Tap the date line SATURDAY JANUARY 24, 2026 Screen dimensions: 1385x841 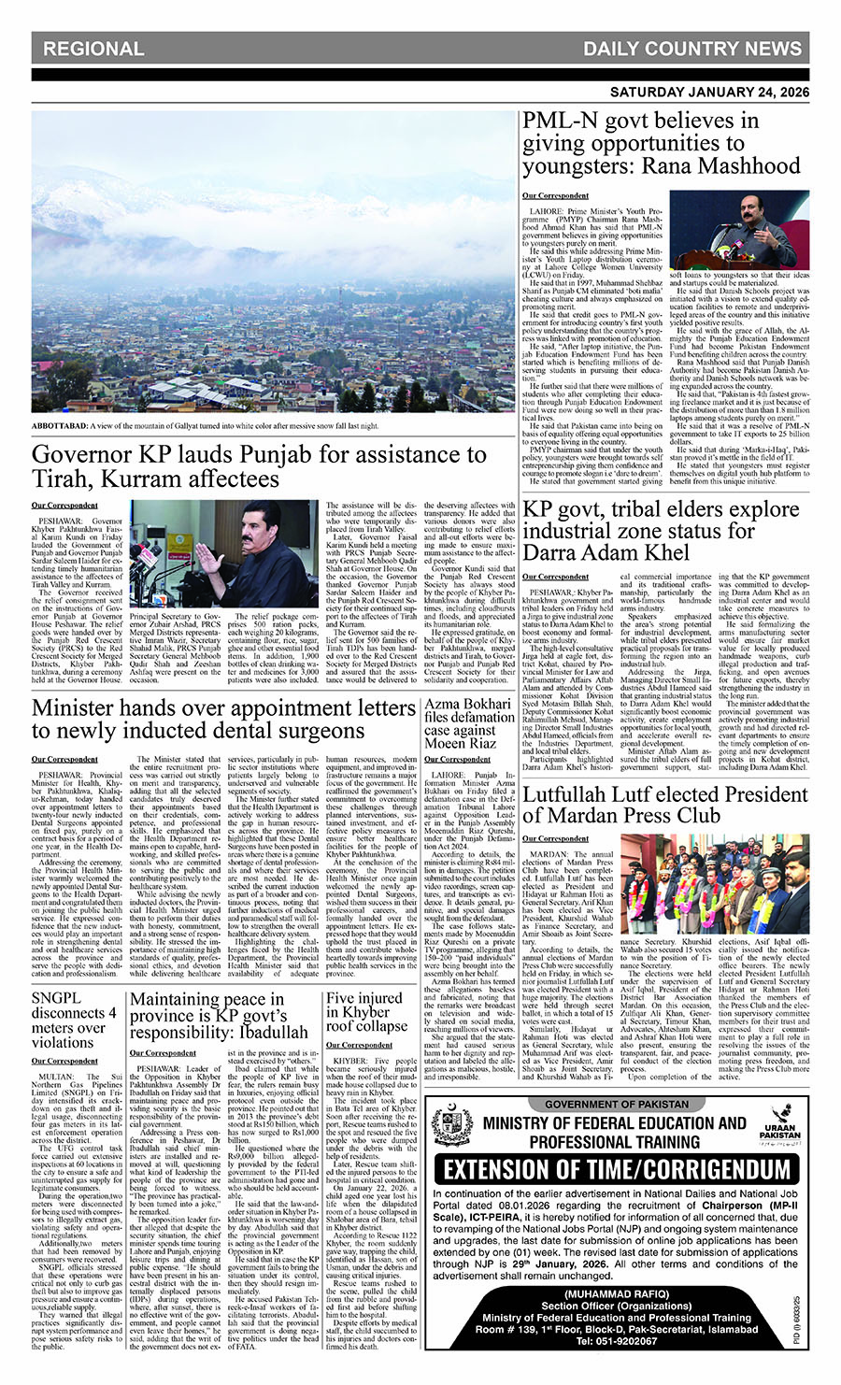pyautogui.click(x=709, y=93)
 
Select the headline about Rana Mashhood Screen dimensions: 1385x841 pyautogui.click(x=661, y=144)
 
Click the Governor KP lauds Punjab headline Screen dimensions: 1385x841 pyautogui.click(x=259, y=466)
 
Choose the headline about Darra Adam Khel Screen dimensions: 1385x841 pyautogui.click(x=661, y=530)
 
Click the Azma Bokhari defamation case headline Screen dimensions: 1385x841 pyautogui.click(x=469, y=723)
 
